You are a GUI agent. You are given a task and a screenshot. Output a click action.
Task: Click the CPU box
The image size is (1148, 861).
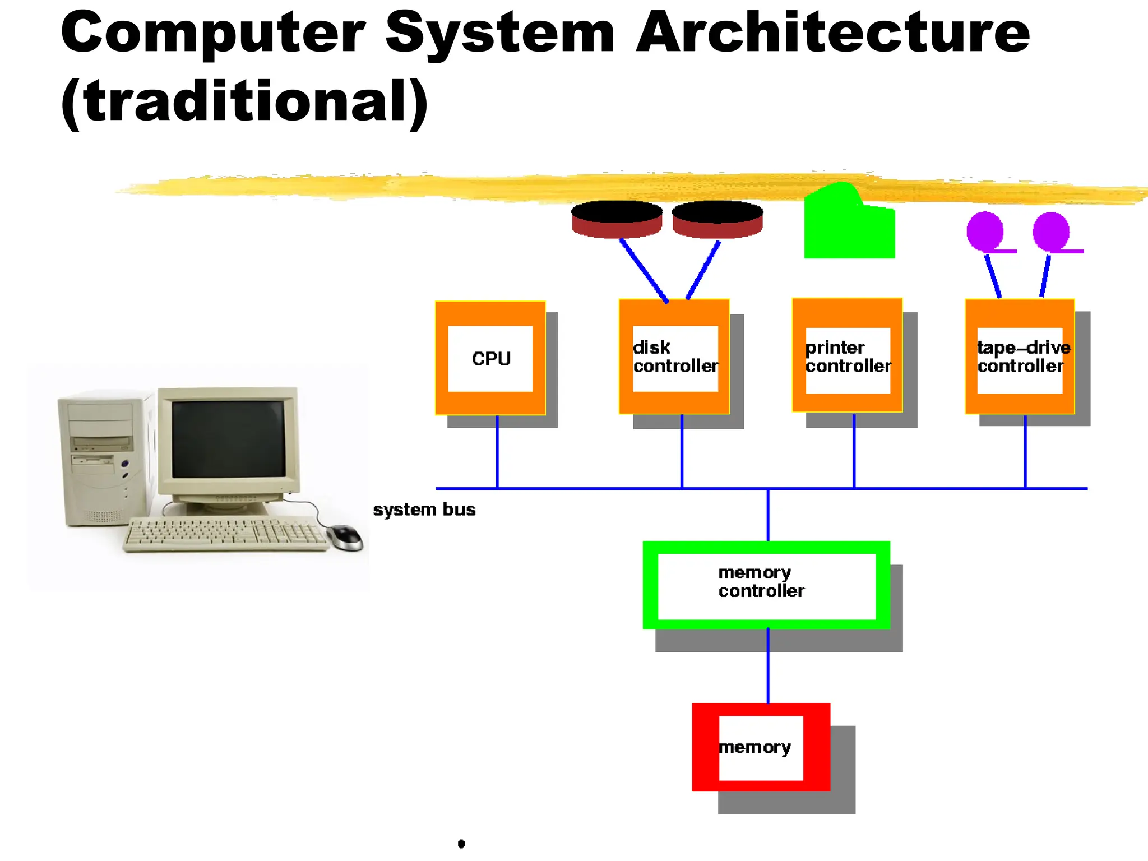[490, 358]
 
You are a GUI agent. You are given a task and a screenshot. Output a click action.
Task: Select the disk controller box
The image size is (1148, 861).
[674, 357]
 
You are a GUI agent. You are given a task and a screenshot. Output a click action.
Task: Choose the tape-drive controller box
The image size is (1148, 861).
[1020, 357]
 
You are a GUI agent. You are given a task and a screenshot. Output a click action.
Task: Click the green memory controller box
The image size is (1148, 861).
[766, 585]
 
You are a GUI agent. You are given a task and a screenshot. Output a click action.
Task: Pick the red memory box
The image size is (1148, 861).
[761, 747]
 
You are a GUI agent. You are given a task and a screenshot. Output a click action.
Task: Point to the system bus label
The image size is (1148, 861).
[424, 510]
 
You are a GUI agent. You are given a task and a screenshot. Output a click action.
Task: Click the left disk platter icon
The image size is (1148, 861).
[617, 219]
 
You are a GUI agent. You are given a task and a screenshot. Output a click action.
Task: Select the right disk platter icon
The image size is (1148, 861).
[717, 219]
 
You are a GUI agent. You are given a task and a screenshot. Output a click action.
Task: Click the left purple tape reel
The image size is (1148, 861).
[985, 231]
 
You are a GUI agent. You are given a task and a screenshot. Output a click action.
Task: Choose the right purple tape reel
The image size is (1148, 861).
[1051, 231]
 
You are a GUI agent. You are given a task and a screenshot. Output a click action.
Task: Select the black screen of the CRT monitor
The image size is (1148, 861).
[228, 438]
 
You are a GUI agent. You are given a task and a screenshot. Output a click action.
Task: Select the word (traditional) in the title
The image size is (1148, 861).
[244, 101]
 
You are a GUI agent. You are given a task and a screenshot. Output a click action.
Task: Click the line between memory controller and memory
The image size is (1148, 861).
[767, 666]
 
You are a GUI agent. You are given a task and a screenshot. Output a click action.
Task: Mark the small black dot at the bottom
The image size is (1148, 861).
[461, 844]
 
